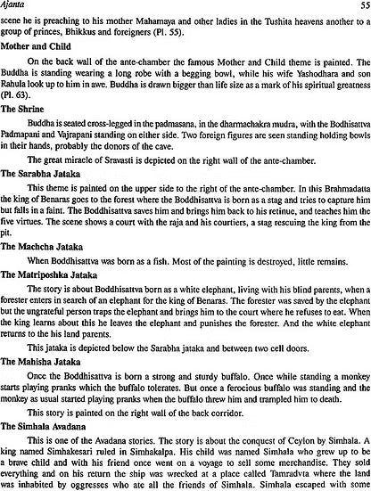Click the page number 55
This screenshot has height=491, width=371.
[360, 5]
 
